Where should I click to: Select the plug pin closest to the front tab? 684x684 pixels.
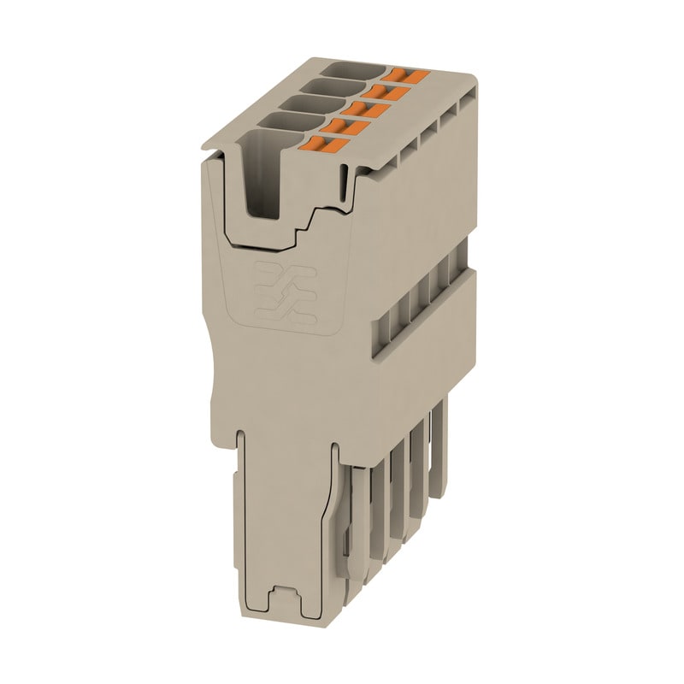click(x=360, y=530)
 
